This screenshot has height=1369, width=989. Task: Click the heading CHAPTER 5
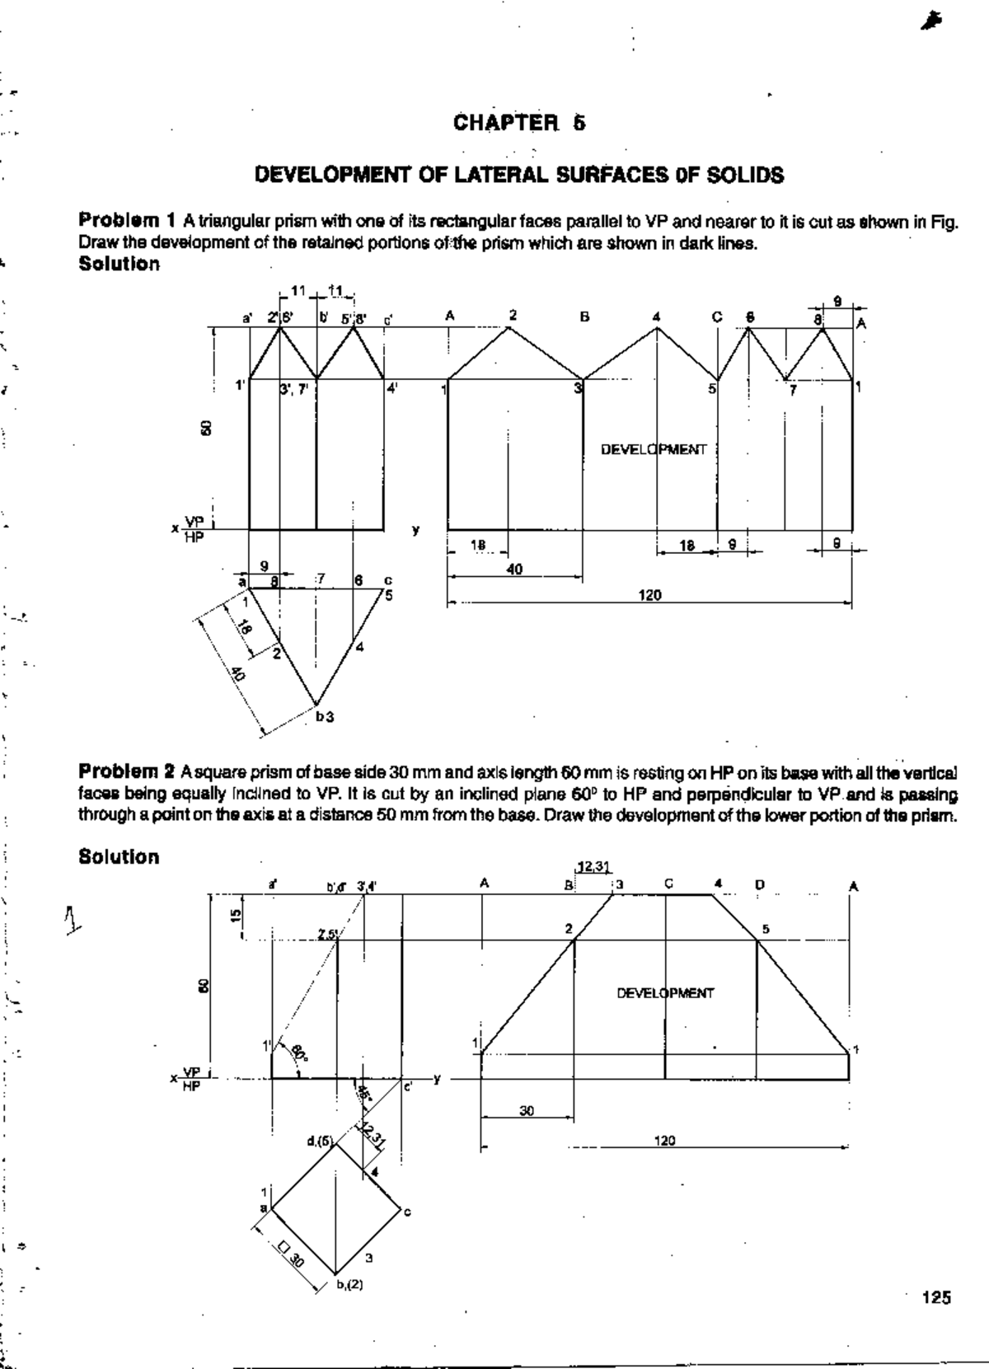pos(519,124)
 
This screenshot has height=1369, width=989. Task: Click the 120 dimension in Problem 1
pos(650,595)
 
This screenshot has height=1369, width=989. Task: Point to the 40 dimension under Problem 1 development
pos(514,569)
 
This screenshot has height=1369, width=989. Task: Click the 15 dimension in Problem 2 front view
pos(236,917)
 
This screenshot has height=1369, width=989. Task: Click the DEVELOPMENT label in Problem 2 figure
pos(665,993)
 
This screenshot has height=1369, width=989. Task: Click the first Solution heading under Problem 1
pos(119,264)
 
